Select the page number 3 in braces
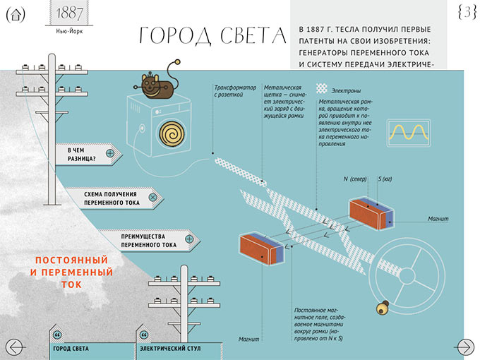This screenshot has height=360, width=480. (466, 13)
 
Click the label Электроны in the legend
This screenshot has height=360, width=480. (347, 90)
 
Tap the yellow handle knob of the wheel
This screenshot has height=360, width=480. (385, 307)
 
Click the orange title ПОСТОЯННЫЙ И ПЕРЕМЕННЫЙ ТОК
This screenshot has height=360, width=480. (73, 272)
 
